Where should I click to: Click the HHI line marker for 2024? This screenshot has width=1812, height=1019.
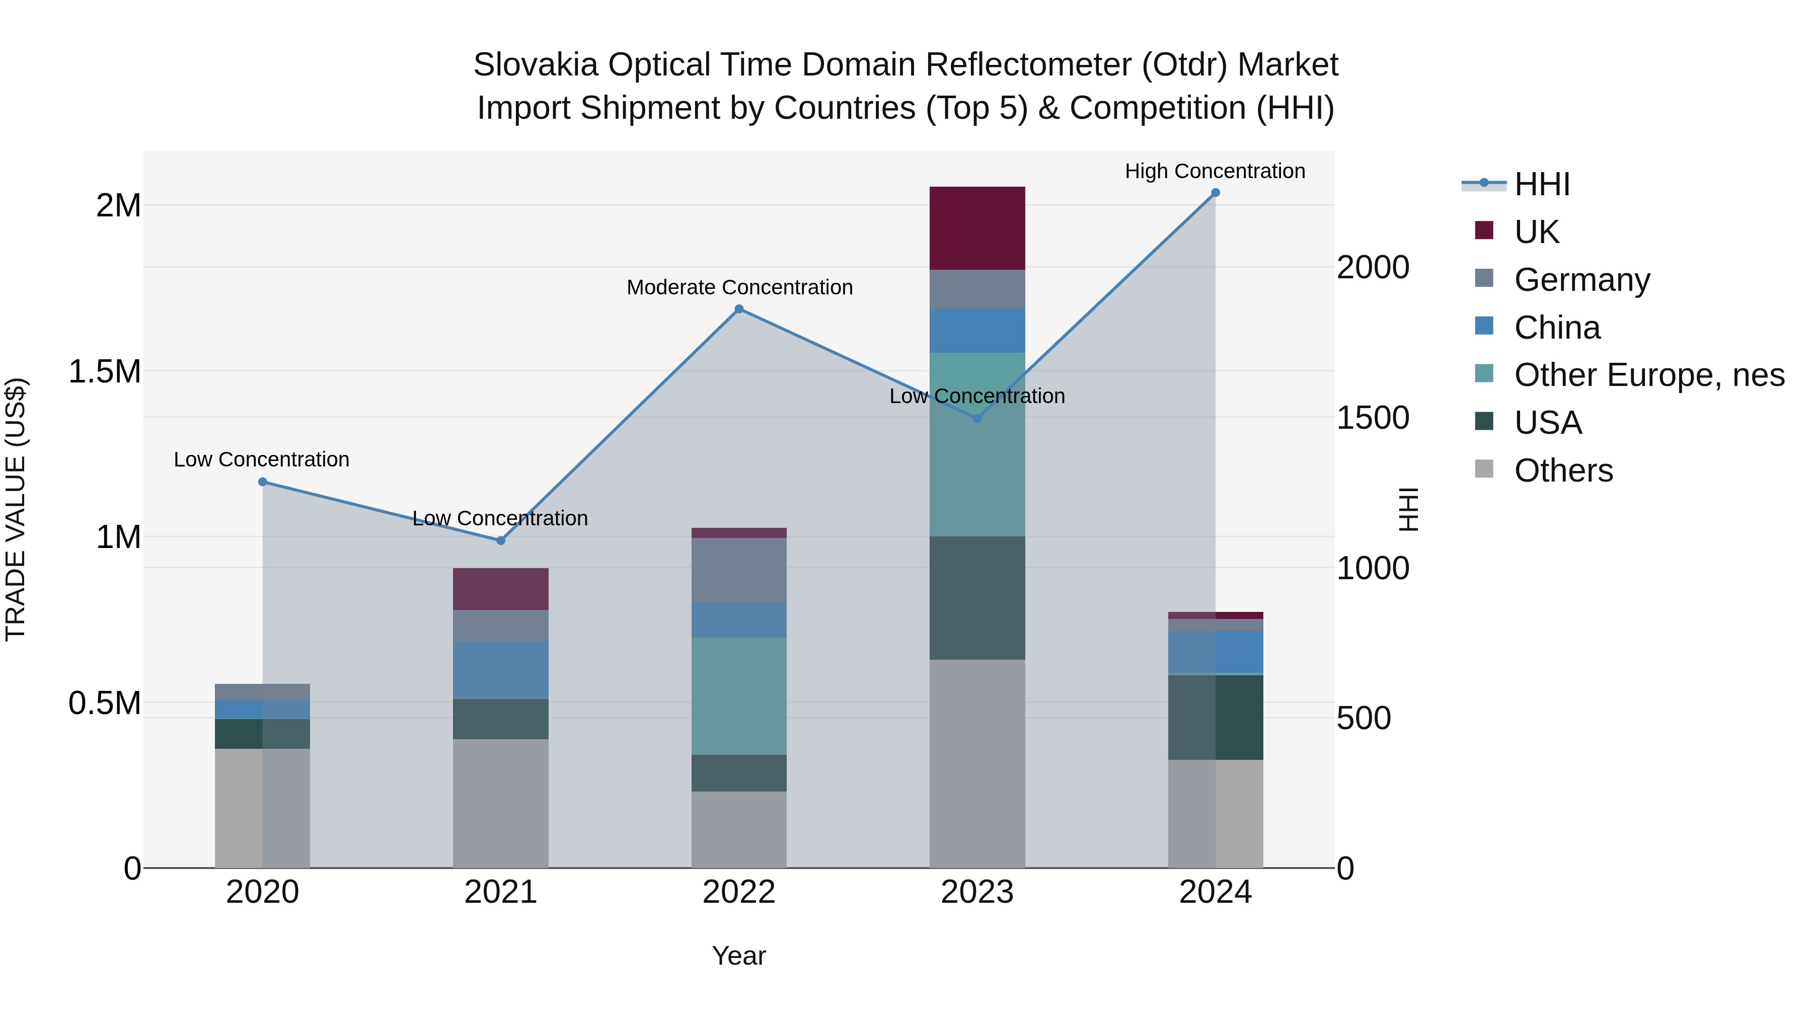(x=1215, y=193)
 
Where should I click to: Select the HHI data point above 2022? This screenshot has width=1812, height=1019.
(x=738, y=309)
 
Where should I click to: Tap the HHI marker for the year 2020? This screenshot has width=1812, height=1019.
(x=262, y=482)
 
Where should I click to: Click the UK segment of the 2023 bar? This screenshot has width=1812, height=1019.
(x=977, y=228)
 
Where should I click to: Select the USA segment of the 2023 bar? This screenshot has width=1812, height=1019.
(x=977, y=598)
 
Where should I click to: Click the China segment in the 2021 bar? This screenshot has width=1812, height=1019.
(x=500, y=669)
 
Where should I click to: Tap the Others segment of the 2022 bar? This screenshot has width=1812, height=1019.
(x=738, y=829)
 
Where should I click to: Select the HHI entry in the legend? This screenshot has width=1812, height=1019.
(x=1541, y=184)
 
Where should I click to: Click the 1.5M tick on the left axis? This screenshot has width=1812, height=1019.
(x=105, y=371)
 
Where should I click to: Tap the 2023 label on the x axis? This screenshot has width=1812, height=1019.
(x=977, y=892)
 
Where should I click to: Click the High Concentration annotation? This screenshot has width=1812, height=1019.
(x=1215, y=171)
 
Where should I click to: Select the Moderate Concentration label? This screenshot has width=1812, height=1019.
(x=739, y=288)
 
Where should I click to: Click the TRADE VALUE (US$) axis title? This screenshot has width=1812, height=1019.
(x=16, y=509)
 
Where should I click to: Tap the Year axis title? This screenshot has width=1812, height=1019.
(x=738, y=956)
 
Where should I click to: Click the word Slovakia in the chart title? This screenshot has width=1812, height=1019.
(x=536, y=65)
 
